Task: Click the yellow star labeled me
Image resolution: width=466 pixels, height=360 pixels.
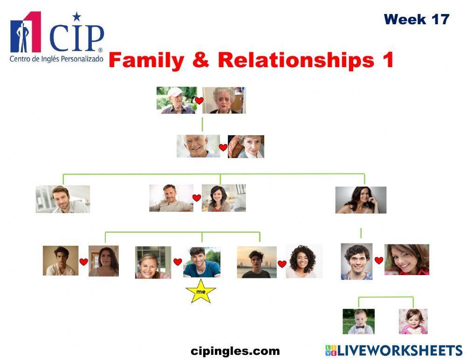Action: click(x=201, y=291)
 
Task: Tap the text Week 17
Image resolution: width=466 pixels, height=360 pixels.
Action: click(x=416, y=20)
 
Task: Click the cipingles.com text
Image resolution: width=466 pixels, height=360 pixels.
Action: click(x=235, y=351)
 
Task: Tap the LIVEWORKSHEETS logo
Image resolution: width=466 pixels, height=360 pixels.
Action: click(x=394, y=351)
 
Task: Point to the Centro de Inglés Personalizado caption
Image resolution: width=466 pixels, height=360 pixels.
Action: click(x=56, y=59)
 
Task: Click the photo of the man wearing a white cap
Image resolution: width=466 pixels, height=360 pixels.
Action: click(x=176, y=100)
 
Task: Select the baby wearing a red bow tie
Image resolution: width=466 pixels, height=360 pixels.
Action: click(x=358, y=321)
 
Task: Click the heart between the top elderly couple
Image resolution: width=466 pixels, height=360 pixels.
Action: click(x=199, y=101)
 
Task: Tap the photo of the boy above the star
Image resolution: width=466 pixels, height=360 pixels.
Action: click(x=201, y=263)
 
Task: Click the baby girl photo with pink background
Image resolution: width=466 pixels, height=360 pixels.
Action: click(x=413, y=321)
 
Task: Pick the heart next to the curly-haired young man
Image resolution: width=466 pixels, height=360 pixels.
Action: click(x=379, y=261)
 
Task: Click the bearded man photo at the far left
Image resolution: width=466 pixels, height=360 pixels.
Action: click(x=63, y=199)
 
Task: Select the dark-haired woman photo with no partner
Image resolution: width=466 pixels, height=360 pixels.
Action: click(x=361, y=200)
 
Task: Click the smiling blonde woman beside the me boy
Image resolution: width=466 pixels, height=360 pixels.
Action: click(x=153, y=263)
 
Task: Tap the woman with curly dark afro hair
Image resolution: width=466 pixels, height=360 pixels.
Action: click(x=304, y=262)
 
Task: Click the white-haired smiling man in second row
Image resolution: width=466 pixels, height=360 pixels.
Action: click(x=198, y=146)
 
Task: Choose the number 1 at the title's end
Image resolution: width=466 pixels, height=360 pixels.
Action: click(x=388, y=61)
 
